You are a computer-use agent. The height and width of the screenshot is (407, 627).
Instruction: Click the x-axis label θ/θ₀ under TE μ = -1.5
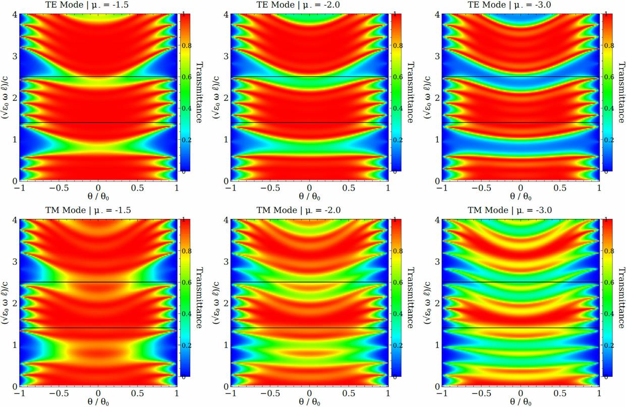tap(98, 196)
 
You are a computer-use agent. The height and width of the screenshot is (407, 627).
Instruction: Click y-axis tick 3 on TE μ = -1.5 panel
tap(15, 56)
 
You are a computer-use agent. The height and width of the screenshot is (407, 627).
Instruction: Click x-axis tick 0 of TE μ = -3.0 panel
tap(522, 187)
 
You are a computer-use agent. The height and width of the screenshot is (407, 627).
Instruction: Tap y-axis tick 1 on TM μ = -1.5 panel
tap(15, 345)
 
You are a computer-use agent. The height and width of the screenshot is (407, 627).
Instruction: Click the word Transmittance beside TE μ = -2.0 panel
tap(410, 93)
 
